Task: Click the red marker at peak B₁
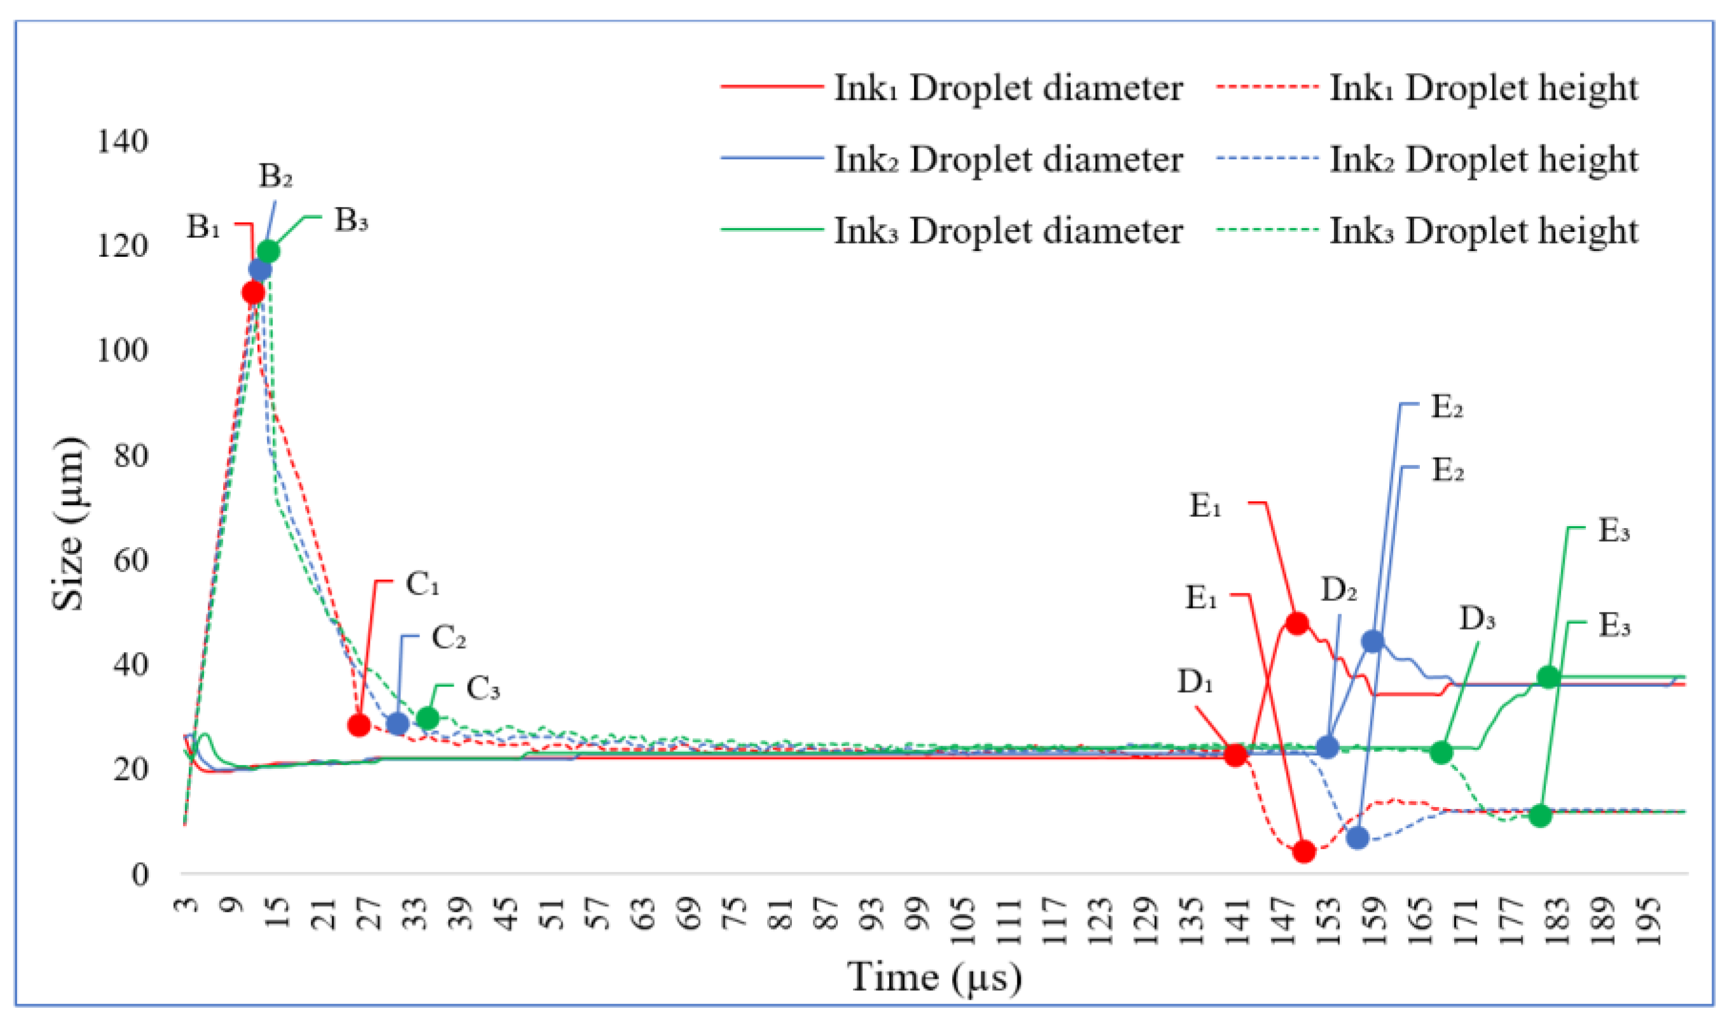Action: point(254,293)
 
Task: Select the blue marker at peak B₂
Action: point(260,269)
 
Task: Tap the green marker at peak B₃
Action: point(268,251)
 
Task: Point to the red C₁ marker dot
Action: point(359,725)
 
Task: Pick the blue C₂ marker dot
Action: point(397,724)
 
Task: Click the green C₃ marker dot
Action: point(428,718)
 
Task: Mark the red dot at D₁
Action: point(1236,755)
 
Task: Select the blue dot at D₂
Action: point(1328,747)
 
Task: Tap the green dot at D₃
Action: point(1442,752)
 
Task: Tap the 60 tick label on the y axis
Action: point(131,560)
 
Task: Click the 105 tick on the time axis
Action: point(962,921)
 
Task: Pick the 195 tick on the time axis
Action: point(1651,921)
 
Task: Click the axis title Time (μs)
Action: point(934,978)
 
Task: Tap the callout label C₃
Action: point(483,689)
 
